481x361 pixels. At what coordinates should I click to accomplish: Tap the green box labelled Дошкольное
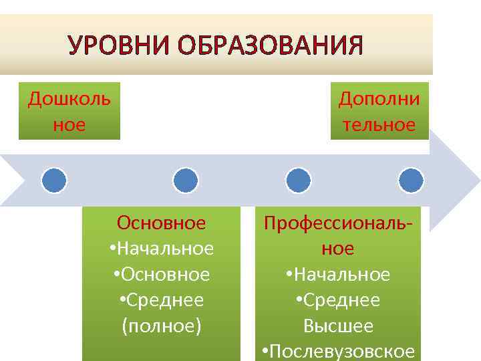pos(69,111)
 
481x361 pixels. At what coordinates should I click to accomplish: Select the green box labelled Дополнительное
pos(379,111)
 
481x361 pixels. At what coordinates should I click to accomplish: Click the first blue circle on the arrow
pos(54,180)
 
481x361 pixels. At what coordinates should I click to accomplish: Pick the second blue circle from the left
pos(185,180)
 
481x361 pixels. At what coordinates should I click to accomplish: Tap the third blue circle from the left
pos(298,180)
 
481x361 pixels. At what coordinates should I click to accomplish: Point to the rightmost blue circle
pos(411,180)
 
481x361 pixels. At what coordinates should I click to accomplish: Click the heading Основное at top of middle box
pos(161,222)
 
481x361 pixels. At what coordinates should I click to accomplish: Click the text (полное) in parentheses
pos(161,327)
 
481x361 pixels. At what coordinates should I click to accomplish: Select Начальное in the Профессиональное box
pos(340,275)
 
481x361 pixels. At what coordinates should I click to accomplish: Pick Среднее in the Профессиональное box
pos(340,301)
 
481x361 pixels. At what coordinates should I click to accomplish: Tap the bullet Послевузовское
pos(339,352)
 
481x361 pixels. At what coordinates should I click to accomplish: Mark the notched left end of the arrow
pos(20,180)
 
